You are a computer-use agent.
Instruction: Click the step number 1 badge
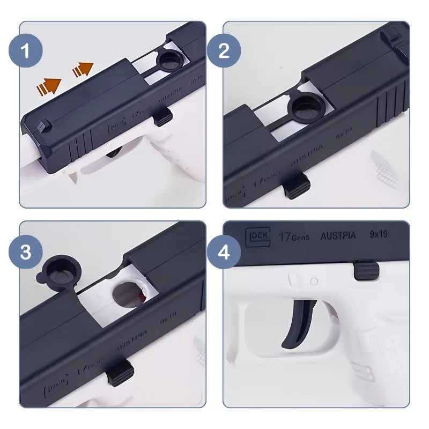[26, 52]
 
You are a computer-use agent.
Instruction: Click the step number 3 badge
[26, 252]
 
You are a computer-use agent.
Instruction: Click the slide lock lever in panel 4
[365, 269]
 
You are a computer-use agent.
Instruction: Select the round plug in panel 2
[304, 107]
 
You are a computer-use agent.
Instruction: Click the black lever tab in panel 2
[296, 187]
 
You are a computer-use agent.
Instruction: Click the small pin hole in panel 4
[314, 281]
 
